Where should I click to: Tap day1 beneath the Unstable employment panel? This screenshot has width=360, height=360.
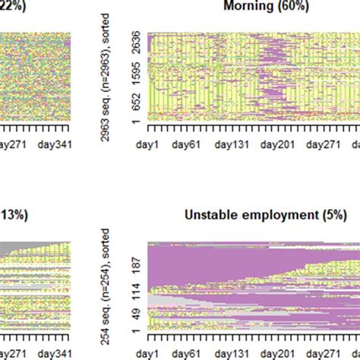(148, 353)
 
